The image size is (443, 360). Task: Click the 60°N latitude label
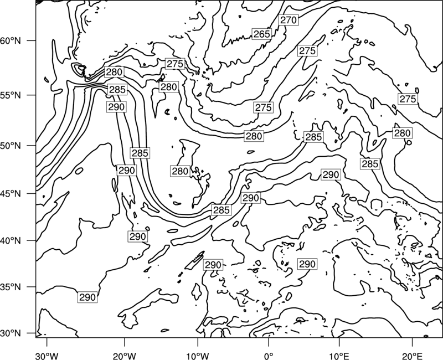11,41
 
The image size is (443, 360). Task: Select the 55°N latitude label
11,95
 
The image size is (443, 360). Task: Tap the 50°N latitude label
11,146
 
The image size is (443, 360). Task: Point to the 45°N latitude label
11,194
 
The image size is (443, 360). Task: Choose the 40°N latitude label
11,241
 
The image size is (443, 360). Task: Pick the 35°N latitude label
11,287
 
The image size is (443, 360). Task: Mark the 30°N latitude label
11,333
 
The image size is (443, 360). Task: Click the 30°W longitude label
47,356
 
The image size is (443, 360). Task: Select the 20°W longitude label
124,356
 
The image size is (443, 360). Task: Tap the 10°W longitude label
197,356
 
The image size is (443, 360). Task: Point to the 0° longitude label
269,356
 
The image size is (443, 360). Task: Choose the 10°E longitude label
339,356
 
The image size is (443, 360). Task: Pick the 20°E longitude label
412,356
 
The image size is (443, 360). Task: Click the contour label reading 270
289,20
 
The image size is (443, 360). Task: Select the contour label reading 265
261,34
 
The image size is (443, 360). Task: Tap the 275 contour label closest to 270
307,51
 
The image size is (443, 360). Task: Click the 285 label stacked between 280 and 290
117,90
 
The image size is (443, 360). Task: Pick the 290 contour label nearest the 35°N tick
87,297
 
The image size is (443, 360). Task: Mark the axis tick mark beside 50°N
32,146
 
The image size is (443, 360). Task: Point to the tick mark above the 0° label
269,342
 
